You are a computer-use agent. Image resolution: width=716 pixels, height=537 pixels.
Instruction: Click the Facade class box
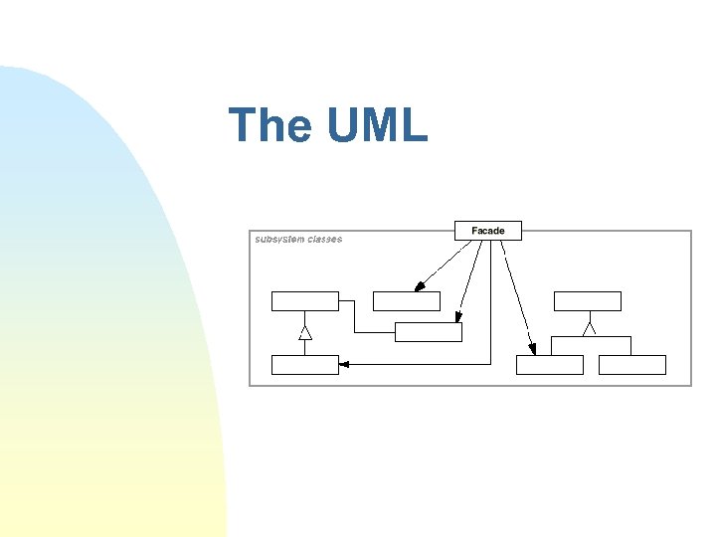pyautogui.click(x=487, y=231)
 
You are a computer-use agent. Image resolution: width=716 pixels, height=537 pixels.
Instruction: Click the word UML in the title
pyautogui.click(x=376, y=125)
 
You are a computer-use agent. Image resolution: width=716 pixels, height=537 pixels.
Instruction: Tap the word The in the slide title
pyautogui.click(x=269, y=125)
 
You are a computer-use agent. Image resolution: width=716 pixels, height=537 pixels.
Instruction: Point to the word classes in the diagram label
pyautogui.click(x=325, y=240)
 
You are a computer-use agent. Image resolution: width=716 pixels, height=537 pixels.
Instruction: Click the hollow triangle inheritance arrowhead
pyautogui.click(x=305, y=333)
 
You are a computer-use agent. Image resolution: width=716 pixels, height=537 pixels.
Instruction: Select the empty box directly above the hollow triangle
pyautogui.click(x=305, y=301)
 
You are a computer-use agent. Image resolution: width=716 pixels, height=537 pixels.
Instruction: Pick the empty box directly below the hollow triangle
pyautogui.click(x=305, y=365)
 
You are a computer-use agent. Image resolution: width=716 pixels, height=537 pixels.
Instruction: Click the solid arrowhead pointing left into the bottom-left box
pyautogui.click(x=344, y=365)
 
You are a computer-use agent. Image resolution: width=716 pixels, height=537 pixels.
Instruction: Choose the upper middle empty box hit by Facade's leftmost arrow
pyautogui.click(x=406, y=301)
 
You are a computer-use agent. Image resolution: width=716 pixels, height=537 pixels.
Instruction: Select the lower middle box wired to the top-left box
pyautogui.click(x=428, y=332)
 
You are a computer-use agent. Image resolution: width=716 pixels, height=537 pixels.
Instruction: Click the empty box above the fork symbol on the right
pyautogui.click(x=587, y=301)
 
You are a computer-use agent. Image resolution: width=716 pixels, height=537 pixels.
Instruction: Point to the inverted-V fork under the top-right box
pyautogui.click(x=590, y=325)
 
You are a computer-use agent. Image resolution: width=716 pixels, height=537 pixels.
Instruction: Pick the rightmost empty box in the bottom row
pyautogui.click(x=631, y=365)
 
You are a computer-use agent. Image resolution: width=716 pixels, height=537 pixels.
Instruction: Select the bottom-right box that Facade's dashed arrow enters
pyautogui.click(x=549, y=365)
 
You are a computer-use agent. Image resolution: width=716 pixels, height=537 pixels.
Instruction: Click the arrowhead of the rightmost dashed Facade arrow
pyautogui.click(x=532, y=348)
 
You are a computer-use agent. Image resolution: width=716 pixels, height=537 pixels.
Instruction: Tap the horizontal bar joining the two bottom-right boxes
pyautogui.click(x=591, y=337)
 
